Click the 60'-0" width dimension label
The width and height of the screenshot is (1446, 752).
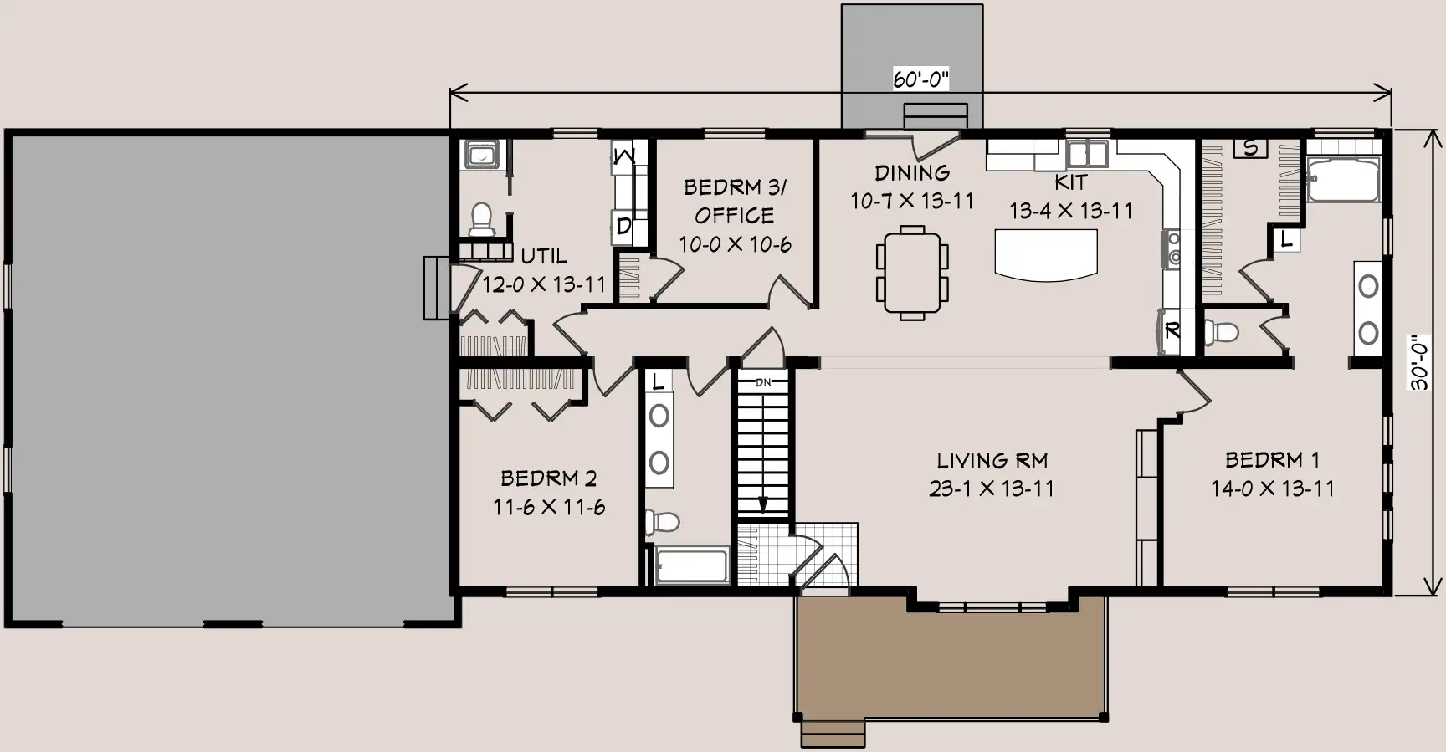[x=920, y=79]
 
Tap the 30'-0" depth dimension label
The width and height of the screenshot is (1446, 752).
[x=1420, y=362]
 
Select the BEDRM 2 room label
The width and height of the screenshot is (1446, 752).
[x=549, y=478]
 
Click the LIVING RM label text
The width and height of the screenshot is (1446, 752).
[x=992, y=460]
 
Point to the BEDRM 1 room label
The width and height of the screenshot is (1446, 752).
[x=1272, y=459]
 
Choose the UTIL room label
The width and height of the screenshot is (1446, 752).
[x=544, y=255]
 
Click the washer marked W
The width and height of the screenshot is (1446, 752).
[x=624, y=156]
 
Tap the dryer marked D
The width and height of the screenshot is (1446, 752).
[x=623, y=227]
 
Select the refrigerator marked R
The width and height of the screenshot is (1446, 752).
[x=1171, y=331]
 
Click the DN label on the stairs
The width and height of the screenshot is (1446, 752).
[x=763, y=382]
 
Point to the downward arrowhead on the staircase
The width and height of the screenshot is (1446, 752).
[x=763, y=504]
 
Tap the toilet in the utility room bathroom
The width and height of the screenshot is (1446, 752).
[x=481, y=219]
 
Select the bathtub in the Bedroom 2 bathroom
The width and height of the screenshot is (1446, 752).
[x=691, y=565]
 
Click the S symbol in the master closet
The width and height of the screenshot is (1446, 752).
[x=1251, y=148]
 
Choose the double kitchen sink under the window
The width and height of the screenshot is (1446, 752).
[x=1088, y=154]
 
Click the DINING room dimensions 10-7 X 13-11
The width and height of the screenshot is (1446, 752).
[x=912, y=202]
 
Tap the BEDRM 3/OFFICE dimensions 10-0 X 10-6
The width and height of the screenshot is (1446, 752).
[x=735, y=244]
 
